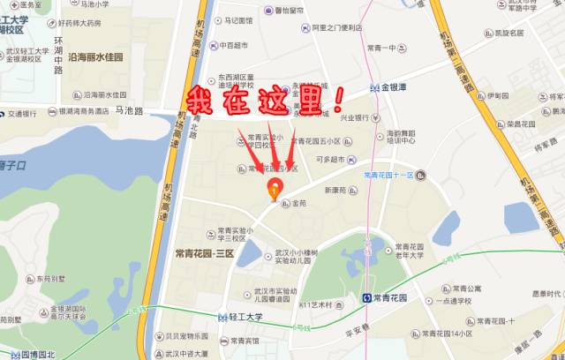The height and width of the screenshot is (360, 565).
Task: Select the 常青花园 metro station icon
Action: (x=367, y=298)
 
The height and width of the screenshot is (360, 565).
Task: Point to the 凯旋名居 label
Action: (x=508, y=34)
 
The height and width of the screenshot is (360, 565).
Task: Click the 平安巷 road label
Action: (x=356, y=334)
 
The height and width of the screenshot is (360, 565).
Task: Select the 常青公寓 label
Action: (x=465, y=288)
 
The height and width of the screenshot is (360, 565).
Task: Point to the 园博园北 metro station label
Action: (x=37, y=355)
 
